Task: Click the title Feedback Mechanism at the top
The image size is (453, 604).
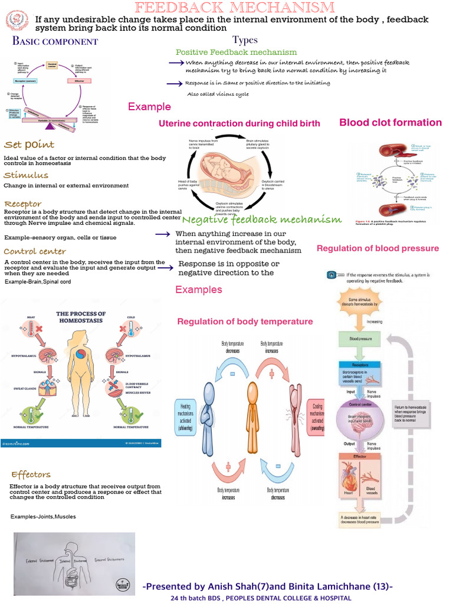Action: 234,8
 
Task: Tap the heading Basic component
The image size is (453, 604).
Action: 55,41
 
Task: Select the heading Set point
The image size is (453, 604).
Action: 29,145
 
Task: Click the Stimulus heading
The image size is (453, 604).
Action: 26,175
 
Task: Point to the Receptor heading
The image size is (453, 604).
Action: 22,204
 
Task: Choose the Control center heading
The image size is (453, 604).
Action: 35,251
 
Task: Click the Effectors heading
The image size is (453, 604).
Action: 30,474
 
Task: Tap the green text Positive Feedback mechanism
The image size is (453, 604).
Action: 236,52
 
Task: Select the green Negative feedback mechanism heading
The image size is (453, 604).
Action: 262,220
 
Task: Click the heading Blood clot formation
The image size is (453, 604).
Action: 390,123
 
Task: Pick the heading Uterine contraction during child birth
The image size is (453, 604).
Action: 239,123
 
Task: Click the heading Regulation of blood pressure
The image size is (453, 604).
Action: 377,248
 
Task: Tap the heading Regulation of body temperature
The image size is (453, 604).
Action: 245,321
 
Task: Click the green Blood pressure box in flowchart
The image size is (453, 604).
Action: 362,340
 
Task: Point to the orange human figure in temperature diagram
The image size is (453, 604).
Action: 252,413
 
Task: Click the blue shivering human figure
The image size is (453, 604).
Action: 208,413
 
